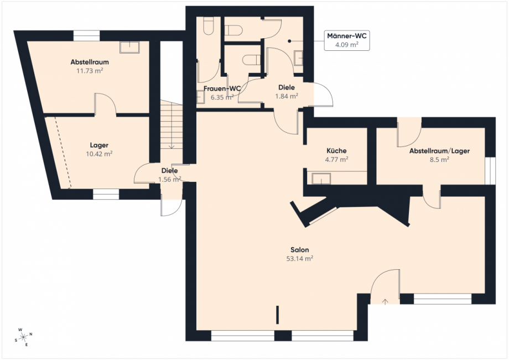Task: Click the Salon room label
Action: click(x=300, y=250)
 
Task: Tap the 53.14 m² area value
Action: click(x=300, y=258)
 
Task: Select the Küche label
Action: click(x=336, y=150)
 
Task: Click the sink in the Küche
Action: click(x=321, y=179)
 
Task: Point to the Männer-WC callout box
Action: click(x=347, y=40)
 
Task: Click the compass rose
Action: click(x=24, y=337)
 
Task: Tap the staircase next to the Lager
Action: click(x=172, y=125)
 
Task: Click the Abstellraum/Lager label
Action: click(x=439, y=151)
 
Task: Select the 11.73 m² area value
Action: click(x=90, y=71)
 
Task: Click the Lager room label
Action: click(x=99, y=145)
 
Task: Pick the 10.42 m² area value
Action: click(x=99, y=154)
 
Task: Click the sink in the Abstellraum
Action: click(x=129, y=47)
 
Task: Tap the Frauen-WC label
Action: click(x=222, y=88)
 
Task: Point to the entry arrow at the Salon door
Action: click(x=385, y=301)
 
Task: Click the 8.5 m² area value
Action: click(x=439, y=160)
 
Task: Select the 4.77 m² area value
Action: click(x=336, y=159)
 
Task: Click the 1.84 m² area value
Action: click(x=287, y=96)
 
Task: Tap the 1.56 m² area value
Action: click(x=169, y=179)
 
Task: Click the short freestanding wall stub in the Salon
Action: click(x=278, y=314)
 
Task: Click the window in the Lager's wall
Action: click(x=106, y=194)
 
